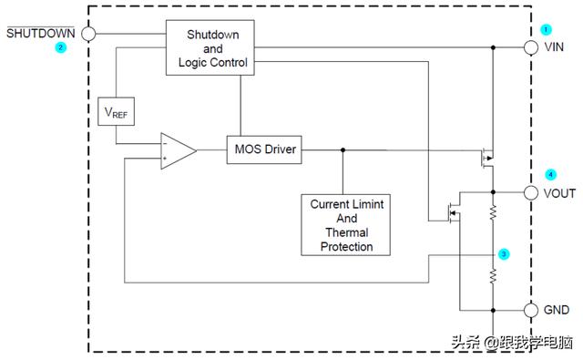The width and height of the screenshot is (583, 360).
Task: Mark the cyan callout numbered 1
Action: click(546, 29)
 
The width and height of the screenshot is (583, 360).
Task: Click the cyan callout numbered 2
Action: click(60, 47)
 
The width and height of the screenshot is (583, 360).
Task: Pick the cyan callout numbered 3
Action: click(504, 254)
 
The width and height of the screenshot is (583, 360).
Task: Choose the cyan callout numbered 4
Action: click(550, 174)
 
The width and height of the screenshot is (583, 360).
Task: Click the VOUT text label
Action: click(559, 193)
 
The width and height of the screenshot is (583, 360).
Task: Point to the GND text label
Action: click(557, 310)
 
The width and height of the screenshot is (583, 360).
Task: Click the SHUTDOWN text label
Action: click(40, 34)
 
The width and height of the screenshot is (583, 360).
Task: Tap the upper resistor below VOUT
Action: click(493, 212)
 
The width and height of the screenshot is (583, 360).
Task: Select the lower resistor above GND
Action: click(493, 276)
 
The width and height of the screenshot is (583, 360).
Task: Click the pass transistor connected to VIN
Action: click(487, 159)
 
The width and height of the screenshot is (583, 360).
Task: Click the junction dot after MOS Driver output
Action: click(343, 149)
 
